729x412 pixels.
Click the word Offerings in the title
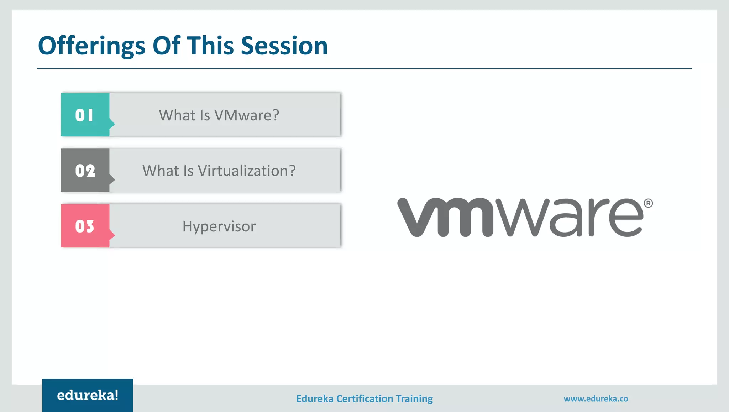tap(91, 46)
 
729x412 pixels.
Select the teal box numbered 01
tap(85, 115)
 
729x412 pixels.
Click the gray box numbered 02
tap(85, 171)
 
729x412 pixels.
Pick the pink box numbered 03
tap(85, 226)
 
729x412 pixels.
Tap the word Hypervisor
tap(219, 226)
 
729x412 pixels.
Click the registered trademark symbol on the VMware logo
tap(648, 203)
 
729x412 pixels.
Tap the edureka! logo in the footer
tap(88, 395)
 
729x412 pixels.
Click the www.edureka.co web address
tap(596, 398)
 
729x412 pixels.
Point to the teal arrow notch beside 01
tap(112, 124)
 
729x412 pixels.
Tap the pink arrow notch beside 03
tap(112, 235)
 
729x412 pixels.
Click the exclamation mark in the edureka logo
tap(116, 395)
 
